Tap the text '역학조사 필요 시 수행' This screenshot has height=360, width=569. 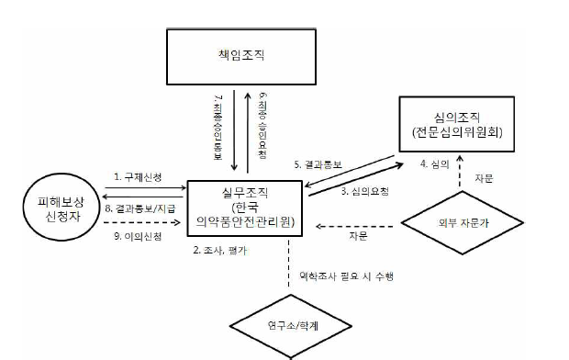coord(339,276)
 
